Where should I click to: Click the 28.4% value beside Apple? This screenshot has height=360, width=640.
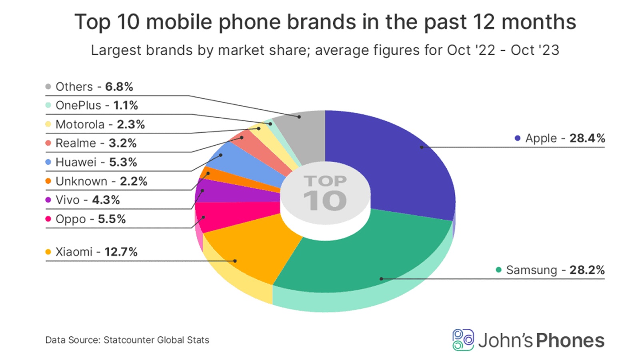pos(587,138)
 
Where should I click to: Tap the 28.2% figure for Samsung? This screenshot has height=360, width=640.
pos(587,270)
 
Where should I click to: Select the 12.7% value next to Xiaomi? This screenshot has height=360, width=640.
pos(121,252)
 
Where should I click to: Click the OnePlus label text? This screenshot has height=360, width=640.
pos(78,106)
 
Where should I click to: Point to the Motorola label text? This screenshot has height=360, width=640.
pos(80,124)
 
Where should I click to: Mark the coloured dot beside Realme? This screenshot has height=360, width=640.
pos(48,143)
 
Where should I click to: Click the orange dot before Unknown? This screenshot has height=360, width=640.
pos(48,181)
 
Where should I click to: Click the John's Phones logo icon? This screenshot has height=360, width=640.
pos(463,340)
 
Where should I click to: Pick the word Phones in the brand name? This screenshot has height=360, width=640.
pos(570,340)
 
